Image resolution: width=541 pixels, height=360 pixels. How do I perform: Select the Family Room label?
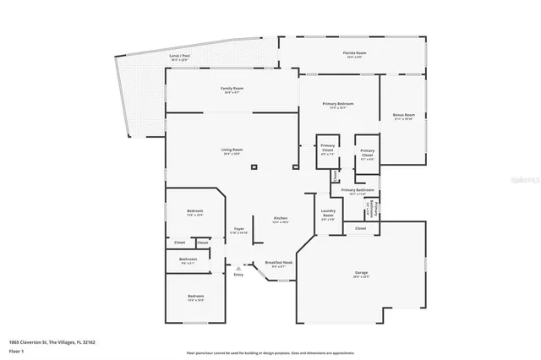click(x=232, y=90)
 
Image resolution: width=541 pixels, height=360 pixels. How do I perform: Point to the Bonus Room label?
click(x=403, y=117)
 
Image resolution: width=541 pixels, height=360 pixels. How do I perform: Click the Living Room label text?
click(x=232, y=151)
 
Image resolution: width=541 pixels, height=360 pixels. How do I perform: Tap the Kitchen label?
click(x=281, y=220)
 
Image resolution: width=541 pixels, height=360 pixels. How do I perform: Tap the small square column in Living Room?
click(x=254, y=167)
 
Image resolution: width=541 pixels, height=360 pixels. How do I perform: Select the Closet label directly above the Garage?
click(x=360, y=228)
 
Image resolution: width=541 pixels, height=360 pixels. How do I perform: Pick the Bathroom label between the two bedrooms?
click(x=188, y=260)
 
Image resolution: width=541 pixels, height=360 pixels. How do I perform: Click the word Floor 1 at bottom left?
click(x=16, y=350)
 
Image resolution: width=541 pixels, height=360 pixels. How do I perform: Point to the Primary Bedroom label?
click(x=338, y=105)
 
